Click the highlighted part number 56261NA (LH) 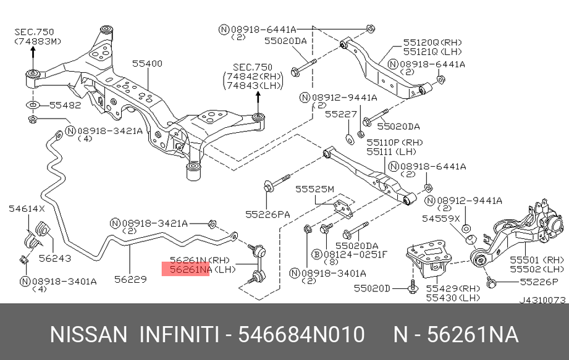point(186,270)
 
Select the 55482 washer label point(65,106)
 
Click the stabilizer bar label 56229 point(130,279)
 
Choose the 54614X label point(27,209)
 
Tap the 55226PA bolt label point(267,214)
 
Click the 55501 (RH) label point(536,260)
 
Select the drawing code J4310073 point(542,300)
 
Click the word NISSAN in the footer point(88,335)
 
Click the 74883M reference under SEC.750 point(38,41)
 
